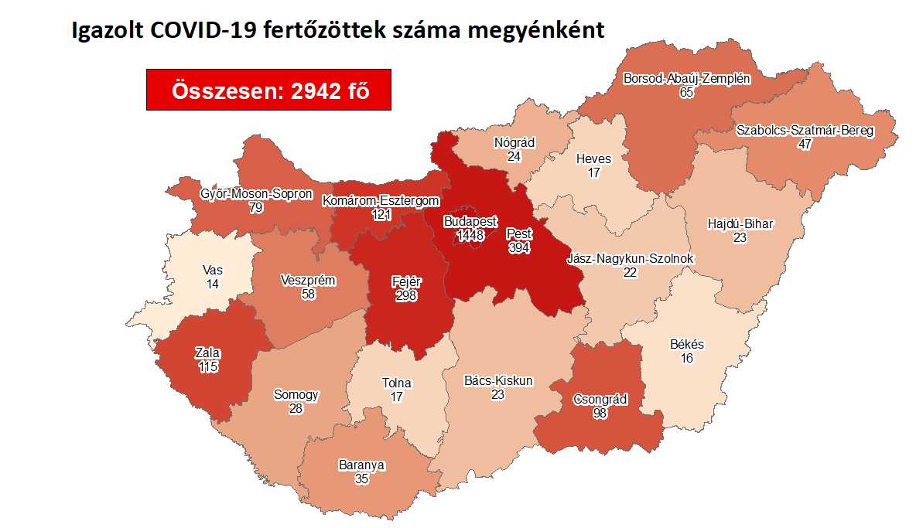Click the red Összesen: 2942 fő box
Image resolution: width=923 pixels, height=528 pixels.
268,90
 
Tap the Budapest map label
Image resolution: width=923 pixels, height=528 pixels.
470,221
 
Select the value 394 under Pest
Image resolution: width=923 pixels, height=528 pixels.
518,247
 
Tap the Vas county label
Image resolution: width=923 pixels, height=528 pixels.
212,271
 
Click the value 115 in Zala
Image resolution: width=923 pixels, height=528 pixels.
208,366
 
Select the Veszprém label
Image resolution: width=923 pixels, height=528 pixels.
308,281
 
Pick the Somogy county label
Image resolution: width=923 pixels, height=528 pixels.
296,394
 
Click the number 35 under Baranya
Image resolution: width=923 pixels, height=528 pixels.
361,479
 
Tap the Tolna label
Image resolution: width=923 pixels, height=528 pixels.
397,383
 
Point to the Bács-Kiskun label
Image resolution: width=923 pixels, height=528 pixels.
497,380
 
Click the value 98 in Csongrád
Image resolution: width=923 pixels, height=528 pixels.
600,413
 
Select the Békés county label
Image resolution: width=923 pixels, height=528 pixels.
686,344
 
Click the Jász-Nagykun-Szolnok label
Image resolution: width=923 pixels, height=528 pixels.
631,258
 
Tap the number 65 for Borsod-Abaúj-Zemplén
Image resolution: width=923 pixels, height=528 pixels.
686,92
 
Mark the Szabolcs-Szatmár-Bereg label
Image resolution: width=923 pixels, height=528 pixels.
805,130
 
